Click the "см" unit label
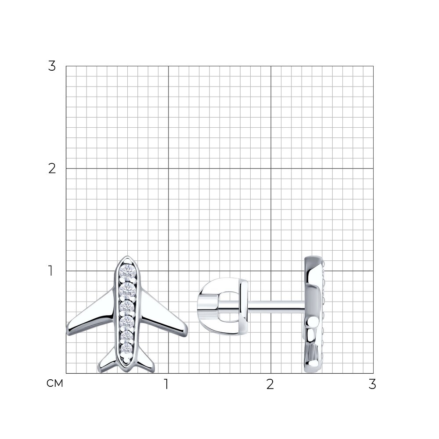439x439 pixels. (x=55, y=383)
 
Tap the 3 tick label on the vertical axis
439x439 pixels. (x=52, y=66)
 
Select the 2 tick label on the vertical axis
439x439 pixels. (x=52, y=169)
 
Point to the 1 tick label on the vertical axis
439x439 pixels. (x=50, y=271)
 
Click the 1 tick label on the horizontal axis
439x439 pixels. (x=166, y=384)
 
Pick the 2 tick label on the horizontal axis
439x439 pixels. (x=270, y=384)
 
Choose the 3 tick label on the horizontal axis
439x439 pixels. (x=372, y=384)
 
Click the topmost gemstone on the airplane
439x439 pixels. (x=128, y=272)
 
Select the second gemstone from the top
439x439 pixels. (x=128, y=291)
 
